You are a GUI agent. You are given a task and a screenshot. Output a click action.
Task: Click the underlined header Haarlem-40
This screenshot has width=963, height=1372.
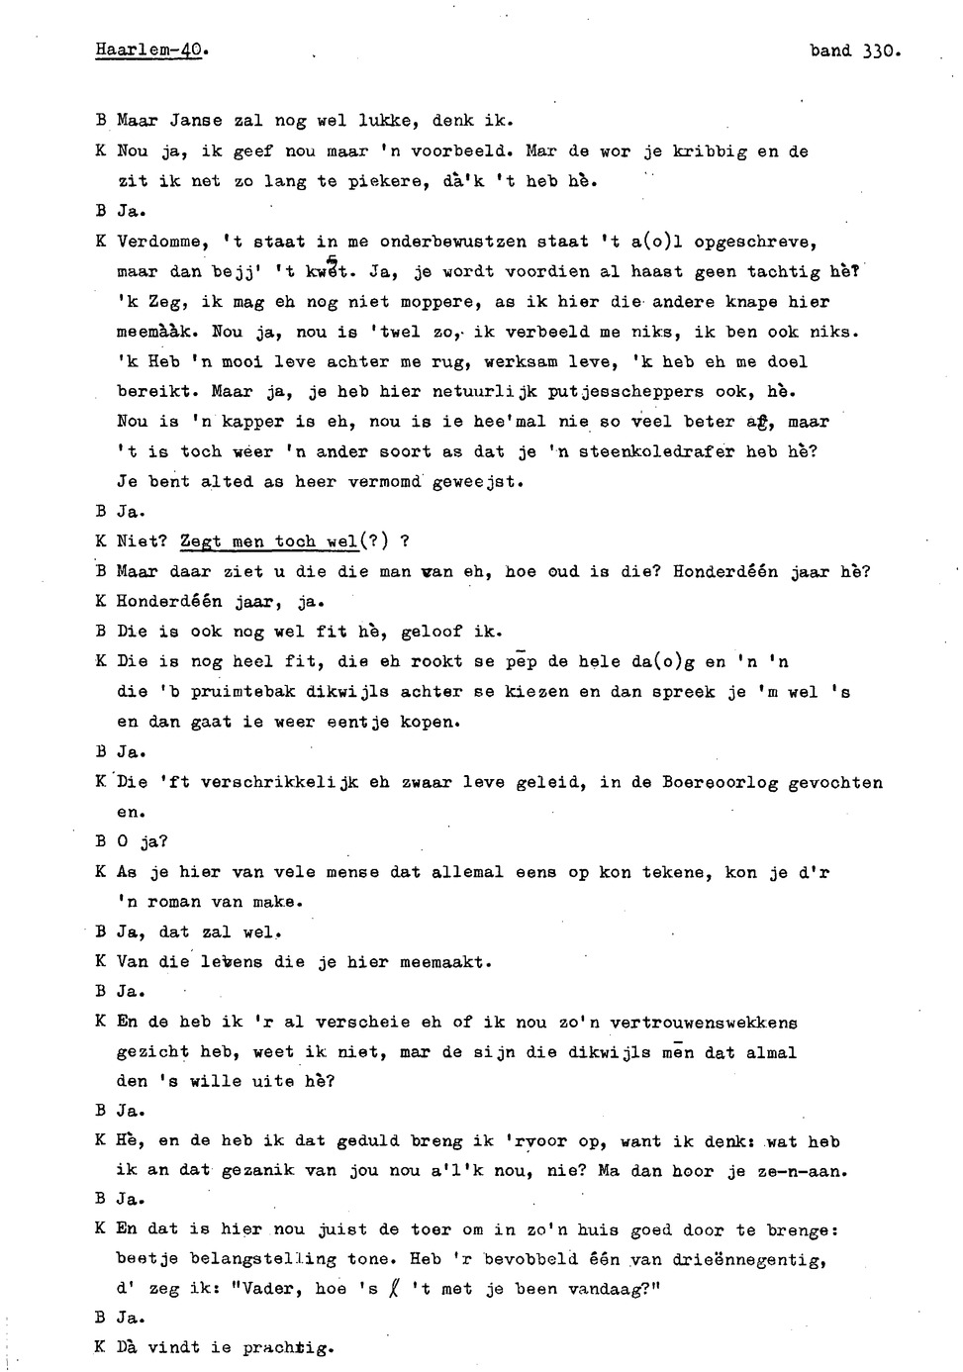pos(151,49)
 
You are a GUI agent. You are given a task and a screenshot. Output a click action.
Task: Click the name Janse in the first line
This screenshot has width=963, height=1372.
pos(196,121)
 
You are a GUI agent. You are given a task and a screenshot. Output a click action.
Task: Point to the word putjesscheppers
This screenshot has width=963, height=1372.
pos(626,392)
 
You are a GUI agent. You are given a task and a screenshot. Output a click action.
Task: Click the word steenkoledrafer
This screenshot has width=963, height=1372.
pos(658,452)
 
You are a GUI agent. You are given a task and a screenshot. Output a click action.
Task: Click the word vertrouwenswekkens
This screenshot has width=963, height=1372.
pos(704,1023)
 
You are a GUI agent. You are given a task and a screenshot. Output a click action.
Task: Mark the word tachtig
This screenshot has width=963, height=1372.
pos(784,271)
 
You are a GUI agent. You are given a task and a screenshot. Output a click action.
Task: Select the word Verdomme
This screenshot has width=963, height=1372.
pos(158,242)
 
